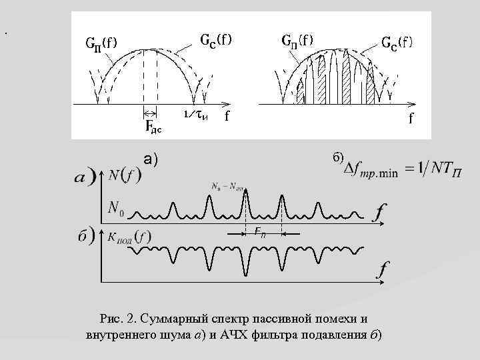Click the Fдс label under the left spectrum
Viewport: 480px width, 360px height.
[x=153, y=125]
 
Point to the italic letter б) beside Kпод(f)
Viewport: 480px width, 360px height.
[x=85, y=237]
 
